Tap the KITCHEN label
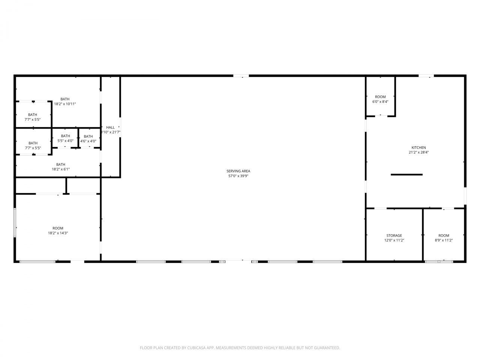(418, 147)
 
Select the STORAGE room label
(394, 235)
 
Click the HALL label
(110, 127)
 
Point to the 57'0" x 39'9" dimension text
(238, 176)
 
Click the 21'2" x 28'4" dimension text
(418, 152)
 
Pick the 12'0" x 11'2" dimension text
(394, 240)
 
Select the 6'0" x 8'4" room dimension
(380, 102)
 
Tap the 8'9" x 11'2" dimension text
(444, 240)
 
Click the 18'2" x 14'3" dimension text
(58, 233)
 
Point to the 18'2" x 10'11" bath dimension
(65, 104)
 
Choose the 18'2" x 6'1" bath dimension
(61, 169)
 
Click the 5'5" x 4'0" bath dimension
(65, 141)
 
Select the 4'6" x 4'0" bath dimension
(88, 141)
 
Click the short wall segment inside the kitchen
(406, 174)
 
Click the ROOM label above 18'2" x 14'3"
(58, 228)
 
